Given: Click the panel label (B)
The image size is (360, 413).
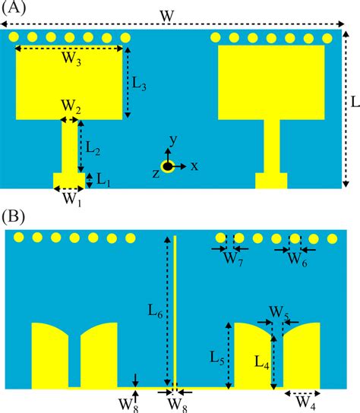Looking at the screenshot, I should pos(15,216).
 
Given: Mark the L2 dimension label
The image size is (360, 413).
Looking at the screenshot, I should pos(93,146).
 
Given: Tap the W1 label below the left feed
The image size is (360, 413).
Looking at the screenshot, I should pos(71,200).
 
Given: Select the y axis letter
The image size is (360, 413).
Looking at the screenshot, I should pos(173,140).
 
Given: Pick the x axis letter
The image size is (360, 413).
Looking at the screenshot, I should pos(194,166).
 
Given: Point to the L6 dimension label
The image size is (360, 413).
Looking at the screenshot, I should pos(154,309).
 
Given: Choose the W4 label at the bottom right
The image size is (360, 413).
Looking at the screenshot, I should pos(305,402).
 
